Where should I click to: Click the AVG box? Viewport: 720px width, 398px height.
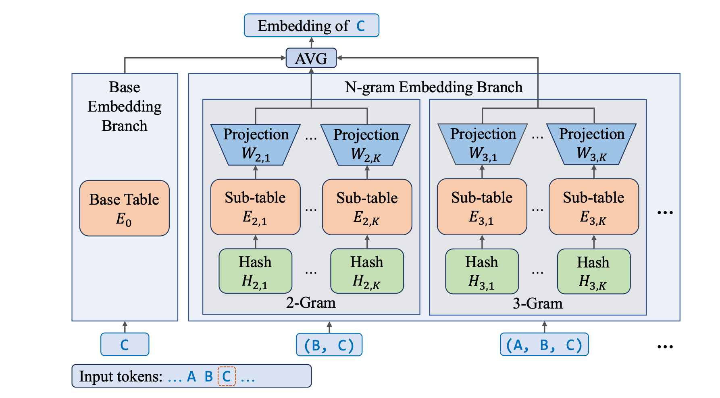(311, 58)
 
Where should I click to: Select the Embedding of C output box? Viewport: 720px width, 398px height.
(311, 26)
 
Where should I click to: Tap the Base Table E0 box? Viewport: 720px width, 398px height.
(124, 208)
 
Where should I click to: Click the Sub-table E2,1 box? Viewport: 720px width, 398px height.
(255, 207)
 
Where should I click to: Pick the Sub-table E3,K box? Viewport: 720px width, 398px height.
(593, 207)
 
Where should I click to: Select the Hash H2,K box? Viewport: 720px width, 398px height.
(367, 271)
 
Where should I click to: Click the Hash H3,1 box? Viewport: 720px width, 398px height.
(482, 271)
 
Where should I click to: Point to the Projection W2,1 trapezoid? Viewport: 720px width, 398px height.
(256, 144)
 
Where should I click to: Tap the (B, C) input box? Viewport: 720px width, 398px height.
(329, 345)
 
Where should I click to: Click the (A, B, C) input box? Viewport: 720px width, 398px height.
(544, 344)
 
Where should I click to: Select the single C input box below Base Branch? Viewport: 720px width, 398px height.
(125, 344)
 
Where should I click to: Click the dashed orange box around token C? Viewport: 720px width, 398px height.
(227, 376)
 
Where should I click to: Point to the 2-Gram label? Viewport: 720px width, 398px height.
(311, 303)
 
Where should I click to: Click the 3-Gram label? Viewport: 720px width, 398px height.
(537, 303)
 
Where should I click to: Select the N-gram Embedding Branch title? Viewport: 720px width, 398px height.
(433, 87)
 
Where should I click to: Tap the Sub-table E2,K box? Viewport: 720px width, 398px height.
(367, 207)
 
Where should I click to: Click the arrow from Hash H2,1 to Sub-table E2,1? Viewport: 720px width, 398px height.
(255, 242)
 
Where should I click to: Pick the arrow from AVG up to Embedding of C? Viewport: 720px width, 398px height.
(311, 42)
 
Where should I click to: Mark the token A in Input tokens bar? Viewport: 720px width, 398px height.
(191, 377)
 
